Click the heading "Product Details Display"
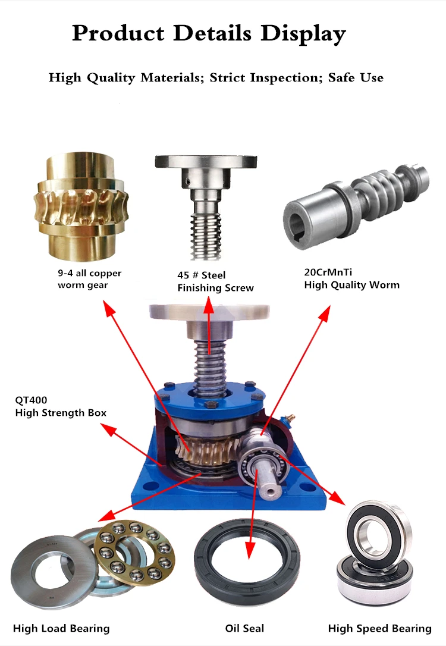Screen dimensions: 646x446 pos(209,33)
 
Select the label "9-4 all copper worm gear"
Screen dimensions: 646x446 pos(89,279)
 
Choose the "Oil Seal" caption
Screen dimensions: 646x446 pos(244,628)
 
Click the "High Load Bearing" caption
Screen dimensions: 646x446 pos(61,628)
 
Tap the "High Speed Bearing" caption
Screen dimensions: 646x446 pos(379,628)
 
